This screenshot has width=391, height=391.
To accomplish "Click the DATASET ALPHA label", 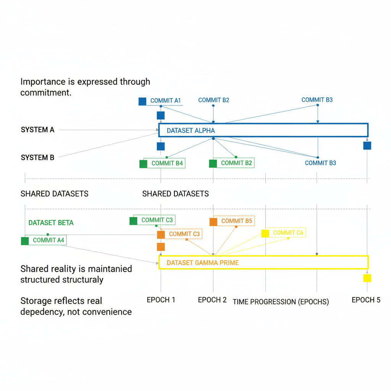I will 191,131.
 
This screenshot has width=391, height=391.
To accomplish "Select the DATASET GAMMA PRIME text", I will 202,263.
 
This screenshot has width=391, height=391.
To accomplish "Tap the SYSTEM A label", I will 37,130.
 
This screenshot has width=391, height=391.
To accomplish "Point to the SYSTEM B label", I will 37,157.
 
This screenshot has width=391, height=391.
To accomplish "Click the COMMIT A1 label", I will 165,101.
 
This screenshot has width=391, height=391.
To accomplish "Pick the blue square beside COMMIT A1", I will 142,101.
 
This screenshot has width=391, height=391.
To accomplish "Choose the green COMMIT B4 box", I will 167,163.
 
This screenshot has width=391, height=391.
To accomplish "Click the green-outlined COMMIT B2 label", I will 236,163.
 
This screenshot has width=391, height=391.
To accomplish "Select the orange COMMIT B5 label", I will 237,221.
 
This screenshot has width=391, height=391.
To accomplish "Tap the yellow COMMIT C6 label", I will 288,233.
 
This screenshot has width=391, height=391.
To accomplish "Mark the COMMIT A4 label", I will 49,240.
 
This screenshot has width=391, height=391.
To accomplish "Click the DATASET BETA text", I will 51,223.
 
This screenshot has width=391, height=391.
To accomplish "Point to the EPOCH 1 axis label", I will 161,300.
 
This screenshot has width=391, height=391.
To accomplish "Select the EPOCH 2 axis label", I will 212,300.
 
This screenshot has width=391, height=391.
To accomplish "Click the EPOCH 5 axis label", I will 366,300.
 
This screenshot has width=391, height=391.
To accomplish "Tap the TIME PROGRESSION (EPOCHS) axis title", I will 281,302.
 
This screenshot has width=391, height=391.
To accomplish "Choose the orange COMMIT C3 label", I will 184,234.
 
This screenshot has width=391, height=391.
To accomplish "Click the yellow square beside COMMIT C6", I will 265,233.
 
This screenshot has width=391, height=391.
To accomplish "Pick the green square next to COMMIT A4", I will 25,241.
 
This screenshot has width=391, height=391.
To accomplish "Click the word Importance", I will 42,82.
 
